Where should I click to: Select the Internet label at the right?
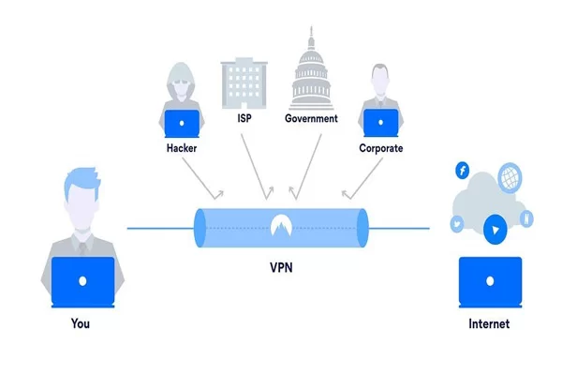click(x=489, y=323)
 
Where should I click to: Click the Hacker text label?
click(x=182, y=148)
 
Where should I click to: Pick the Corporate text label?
click(x=379, y=148)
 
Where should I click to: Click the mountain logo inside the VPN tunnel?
click(x=281, y=225)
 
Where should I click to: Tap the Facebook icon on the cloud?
click(x=461, y=170)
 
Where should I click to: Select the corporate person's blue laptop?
click(x=379, y=124)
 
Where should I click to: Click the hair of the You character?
click(x=81, y=179)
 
